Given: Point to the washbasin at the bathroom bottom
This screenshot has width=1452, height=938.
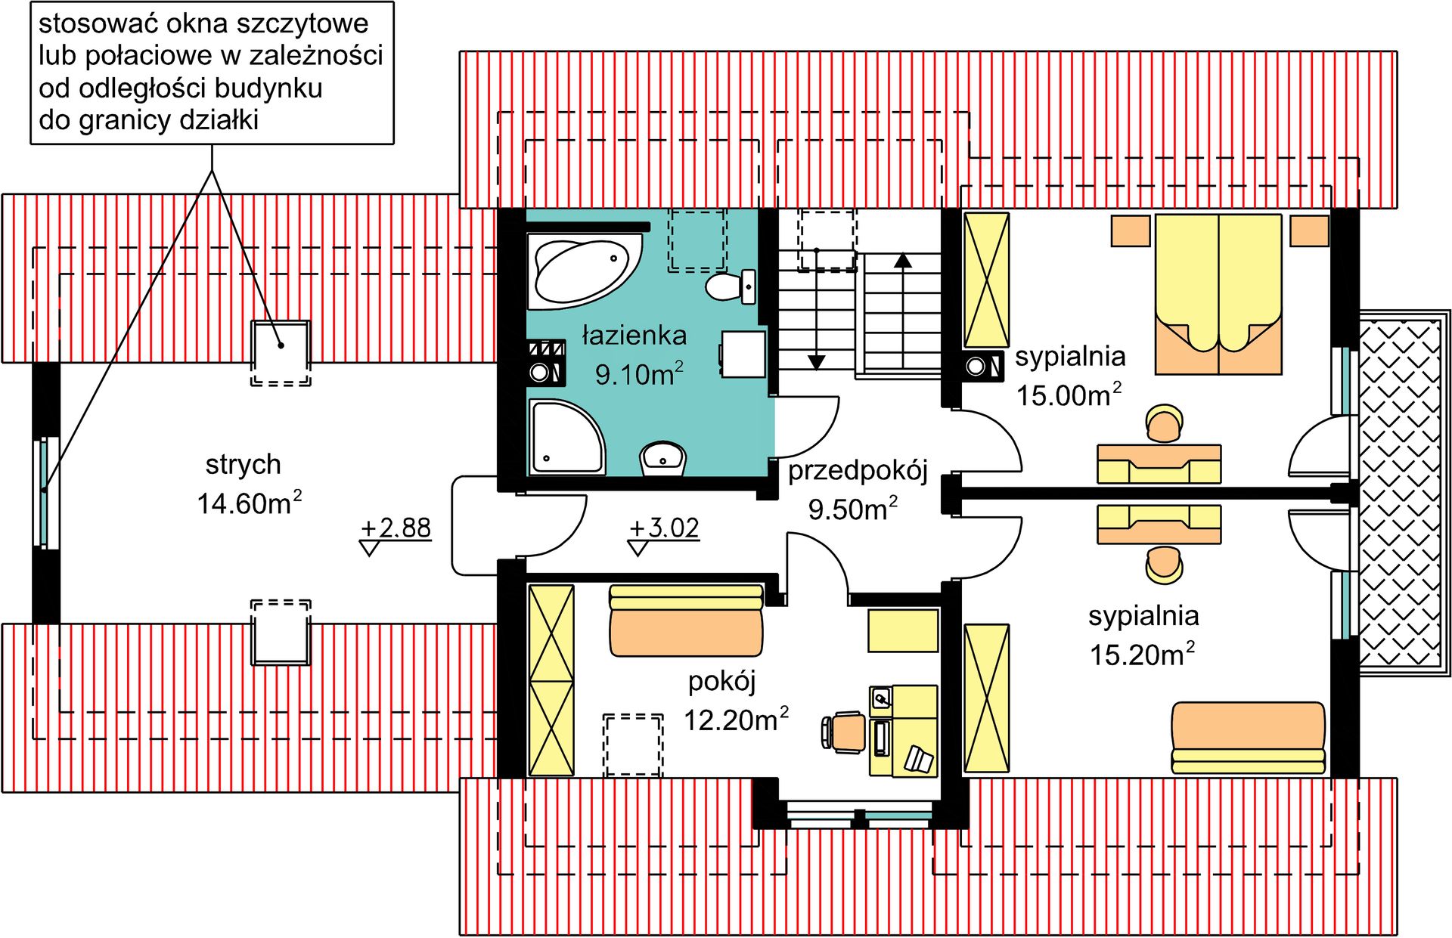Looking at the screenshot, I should [663, 458].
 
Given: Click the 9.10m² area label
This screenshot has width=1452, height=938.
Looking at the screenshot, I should [639, 374].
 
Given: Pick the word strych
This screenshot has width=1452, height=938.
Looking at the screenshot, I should [243, 464].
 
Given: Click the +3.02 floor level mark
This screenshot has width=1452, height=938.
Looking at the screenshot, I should [665, 528].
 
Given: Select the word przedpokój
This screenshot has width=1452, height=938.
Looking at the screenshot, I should [858, 471].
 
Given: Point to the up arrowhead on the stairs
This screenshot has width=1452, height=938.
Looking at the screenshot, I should [903, 260].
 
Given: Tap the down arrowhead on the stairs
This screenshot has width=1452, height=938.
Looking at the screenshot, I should [816, 363].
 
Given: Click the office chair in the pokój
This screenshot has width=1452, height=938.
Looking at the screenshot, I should [845, 732].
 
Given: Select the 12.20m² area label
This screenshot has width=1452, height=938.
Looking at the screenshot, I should [736, 720].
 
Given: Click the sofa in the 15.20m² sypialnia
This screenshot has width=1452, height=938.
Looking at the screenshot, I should [1248, 737].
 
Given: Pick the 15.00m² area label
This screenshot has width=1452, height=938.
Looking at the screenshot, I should [1069, 395].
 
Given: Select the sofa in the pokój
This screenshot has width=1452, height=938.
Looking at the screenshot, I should [685, 621].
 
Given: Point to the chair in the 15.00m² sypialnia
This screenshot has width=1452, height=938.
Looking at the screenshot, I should [1164, 423].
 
